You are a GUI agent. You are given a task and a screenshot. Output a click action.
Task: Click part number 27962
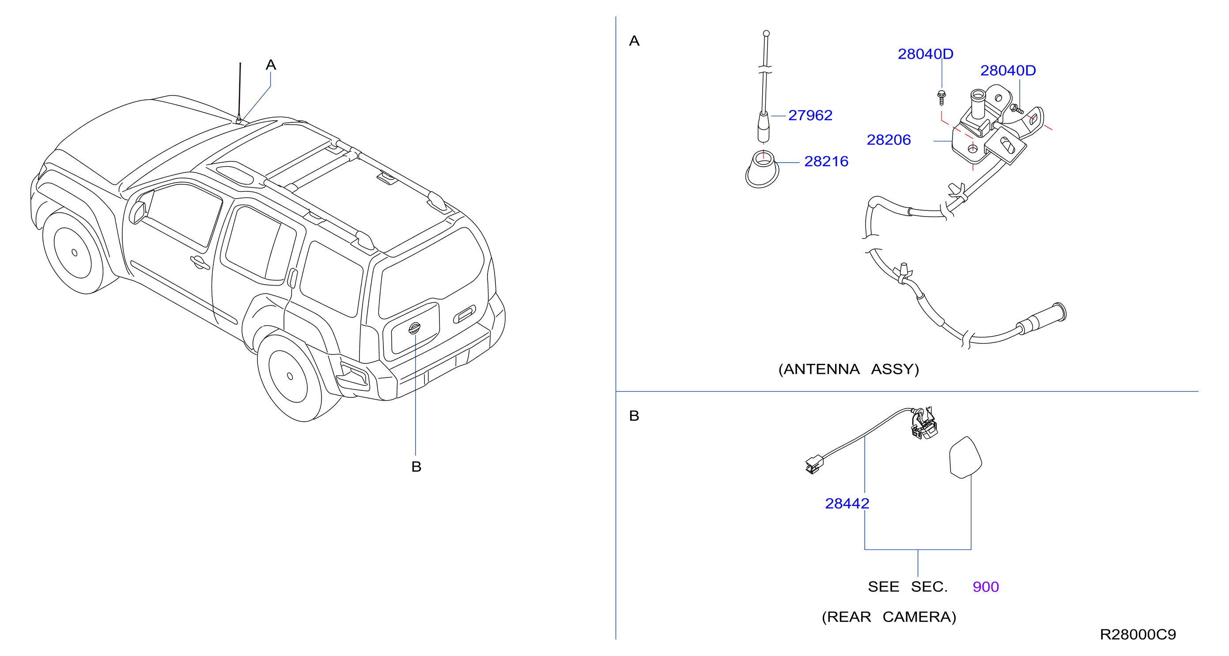809,115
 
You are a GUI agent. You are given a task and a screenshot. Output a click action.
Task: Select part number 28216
826,162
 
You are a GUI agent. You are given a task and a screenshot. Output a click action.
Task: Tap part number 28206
889,140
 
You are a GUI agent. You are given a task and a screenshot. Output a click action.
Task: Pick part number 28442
847,503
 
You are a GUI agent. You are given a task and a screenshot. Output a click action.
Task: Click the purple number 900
986,587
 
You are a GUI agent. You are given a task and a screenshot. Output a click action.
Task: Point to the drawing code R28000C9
1138,634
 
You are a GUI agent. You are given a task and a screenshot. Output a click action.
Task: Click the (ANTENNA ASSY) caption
848,369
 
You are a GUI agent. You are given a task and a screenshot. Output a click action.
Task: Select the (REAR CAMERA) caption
889,617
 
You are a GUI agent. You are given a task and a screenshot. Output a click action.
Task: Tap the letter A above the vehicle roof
271,65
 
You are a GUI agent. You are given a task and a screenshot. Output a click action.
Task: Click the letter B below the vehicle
416,467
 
